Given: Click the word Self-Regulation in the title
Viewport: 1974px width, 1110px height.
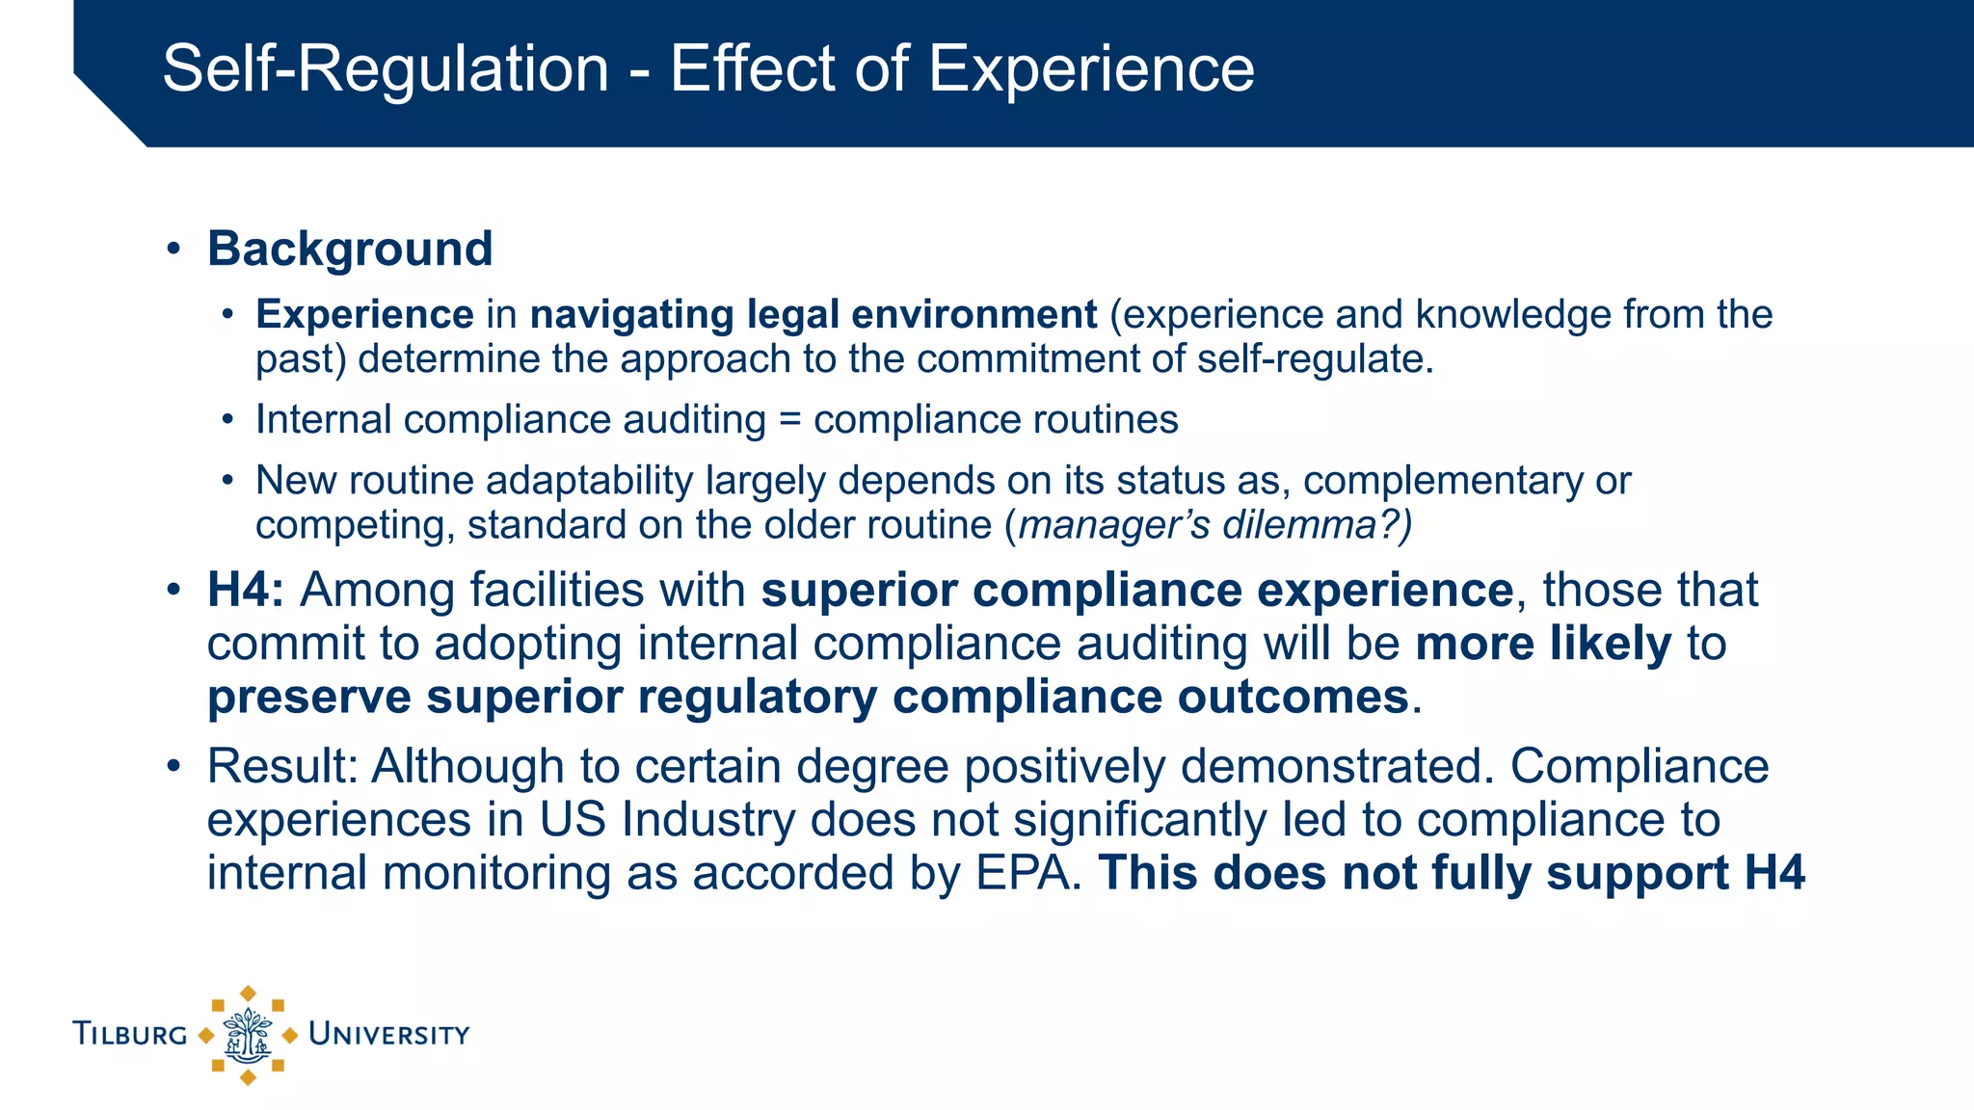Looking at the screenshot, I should click(x=386, y=69).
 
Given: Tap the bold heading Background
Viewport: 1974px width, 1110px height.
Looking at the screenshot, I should click(x=350, y=249).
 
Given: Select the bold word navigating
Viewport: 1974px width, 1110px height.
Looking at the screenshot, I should click(x=632, y=315).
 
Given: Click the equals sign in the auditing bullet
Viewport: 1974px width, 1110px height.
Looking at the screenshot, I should click(x=789, y=420).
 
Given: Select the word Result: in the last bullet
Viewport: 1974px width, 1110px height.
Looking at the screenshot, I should click(x=282, y=766).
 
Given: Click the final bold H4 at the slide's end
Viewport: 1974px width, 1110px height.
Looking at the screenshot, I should click(x=1774, y=873).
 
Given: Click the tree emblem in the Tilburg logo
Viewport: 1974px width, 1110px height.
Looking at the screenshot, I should click(x=248, y=1036).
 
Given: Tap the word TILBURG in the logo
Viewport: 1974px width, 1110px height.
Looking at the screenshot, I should click(x=130, y=1035).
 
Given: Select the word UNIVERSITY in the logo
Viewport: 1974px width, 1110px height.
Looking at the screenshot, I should click(x=388, y=1035).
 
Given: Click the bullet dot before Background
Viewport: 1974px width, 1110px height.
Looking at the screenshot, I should click(x=173, y=250).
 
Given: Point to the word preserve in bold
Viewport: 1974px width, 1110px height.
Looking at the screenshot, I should click(x=308, y=697).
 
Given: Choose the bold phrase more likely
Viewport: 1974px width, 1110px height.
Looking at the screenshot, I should click(x=1543, y=644).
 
